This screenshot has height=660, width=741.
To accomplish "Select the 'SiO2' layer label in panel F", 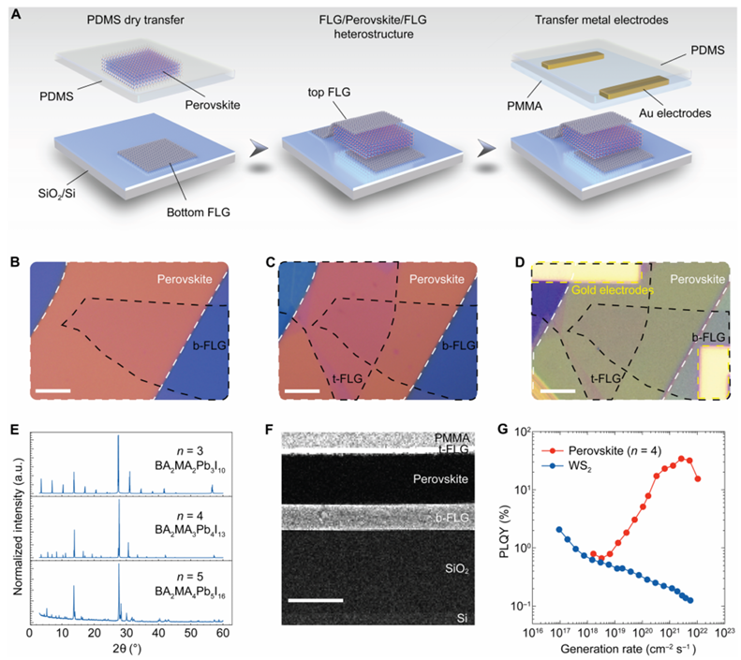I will click(458, 567).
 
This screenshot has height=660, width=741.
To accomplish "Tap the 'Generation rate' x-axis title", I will click(627, 649).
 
